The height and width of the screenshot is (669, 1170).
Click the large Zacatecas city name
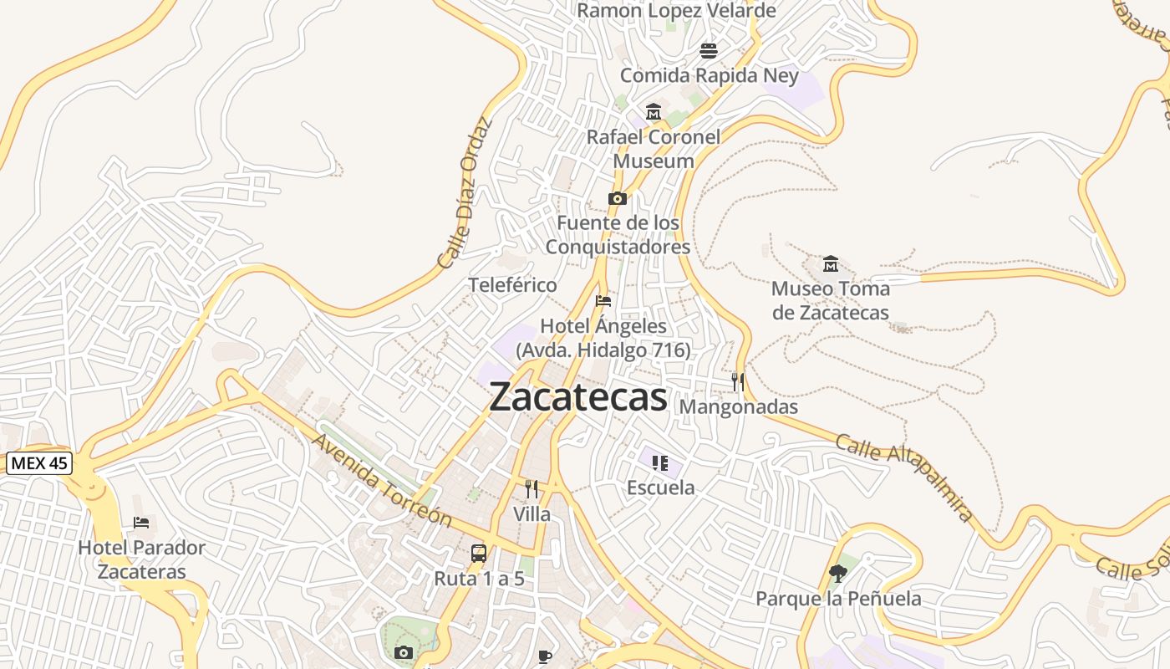point(578,397)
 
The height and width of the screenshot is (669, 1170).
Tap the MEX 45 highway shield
point(39,463)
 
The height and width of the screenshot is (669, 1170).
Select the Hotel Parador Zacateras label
point(141,559)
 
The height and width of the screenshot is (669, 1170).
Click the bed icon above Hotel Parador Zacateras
point(141,523)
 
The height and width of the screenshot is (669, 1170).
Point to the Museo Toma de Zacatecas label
point(830,301)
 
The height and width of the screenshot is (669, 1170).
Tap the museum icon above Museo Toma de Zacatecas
point(830,264)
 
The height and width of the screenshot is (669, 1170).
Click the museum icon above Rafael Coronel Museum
point(653,111)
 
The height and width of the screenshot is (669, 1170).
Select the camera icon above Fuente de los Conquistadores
point(618,198)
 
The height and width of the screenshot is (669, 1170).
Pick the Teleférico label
point(512,285)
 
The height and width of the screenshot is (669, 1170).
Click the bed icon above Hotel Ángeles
point(603,300)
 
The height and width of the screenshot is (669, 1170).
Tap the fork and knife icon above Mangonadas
point(738,382)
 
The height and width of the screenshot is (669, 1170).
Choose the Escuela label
point(660,488)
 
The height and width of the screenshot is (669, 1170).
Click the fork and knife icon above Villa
point(532,489)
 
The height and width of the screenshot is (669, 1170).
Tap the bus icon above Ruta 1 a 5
point(479,553)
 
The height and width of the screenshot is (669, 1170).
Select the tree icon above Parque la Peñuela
point(838,573)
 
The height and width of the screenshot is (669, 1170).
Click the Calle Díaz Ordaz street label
point(465,193)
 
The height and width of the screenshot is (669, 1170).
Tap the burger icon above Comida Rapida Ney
point(709,51)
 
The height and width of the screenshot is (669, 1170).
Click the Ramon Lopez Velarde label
point(676,11)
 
